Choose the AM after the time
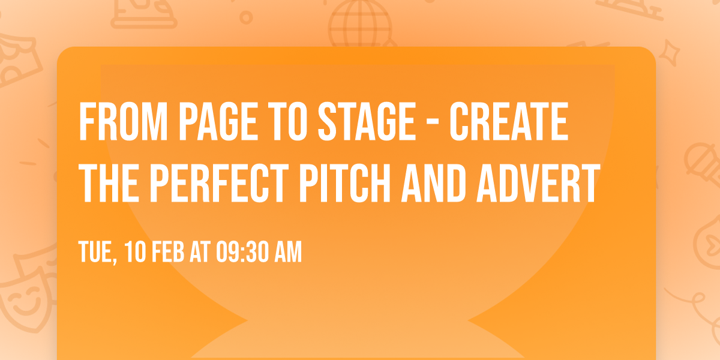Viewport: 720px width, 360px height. click(x=287, y=253)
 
